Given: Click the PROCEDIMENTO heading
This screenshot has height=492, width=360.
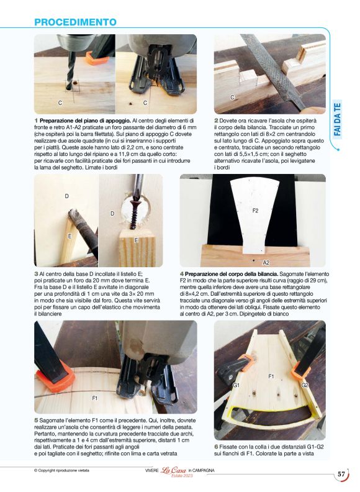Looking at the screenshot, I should pos(75,22).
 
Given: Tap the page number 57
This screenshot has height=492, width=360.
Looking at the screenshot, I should pos(341,474).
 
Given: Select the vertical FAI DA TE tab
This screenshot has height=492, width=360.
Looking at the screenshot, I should pos(337,125).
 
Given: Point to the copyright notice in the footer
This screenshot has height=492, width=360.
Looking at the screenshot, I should pos(65,470).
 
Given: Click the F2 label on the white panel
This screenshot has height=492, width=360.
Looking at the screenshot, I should pos(255,211).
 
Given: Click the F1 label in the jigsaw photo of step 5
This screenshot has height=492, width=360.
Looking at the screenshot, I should pos(95,397).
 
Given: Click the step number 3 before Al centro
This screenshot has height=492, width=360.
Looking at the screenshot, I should pos(36,273).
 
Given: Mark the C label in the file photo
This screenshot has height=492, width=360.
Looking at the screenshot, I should pos(232,98).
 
